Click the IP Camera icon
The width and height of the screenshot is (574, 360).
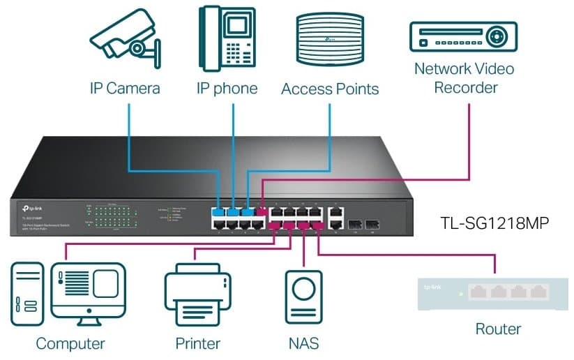point(125,39)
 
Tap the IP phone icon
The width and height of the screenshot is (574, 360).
point(226,38)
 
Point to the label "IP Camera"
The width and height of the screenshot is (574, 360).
point(125,89)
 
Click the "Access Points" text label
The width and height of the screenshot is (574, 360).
point(329,89)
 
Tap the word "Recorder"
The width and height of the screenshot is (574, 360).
point(465,88)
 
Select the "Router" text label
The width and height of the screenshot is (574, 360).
point(498,328)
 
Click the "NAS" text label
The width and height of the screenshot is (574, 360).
point(304,343)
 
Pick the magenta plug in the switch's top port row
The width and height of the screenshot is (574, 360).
point(262,211)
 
